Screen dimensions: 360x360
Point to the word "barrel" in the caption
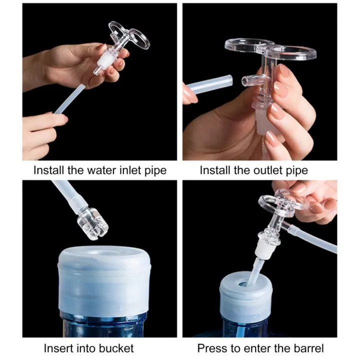[x=306, y=348]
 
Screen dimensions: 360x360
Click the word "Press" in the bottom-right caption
[x=210, y=348]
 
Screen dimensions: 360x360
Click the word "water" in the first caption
[x=96, y=170]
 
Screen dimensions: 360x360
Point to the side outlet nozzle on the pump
[x=248, y=80]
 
